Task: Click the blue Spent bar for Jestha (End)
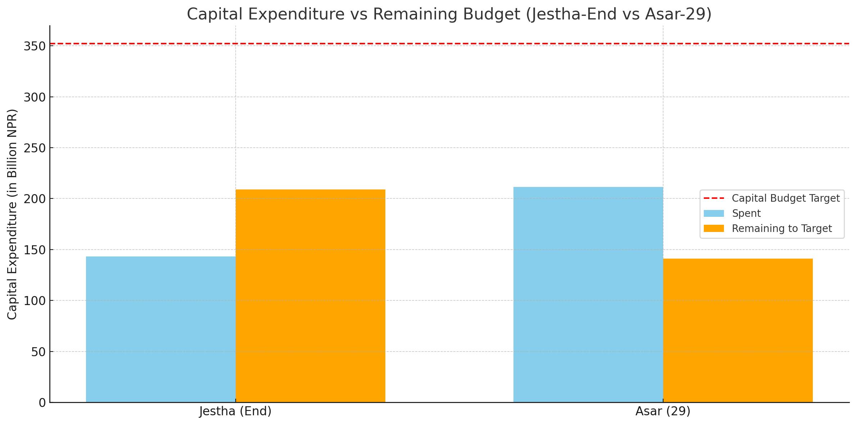tap(160, 329)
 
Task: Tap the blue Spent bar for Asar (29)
tap(588, 294)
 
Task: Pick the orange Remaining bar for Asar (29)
tap(738, 330)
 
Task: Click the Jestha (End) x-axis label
tap(235, 411)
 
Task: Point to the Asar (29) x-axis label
tap(663, 411)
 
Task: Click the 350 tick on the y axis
tap(35, 46)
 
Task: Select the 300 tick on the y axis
tap(35, 97)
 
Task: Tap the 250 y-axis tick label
tap(35, 148)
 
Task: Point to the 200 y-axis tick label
tap(35, 199)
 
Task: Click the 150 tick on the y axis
tap(35, 250)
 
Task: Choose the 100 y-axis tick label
tap(35, 301)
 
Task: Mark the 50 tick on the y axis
tap(38, 352)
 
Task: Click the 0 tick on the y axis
tap(42, 403)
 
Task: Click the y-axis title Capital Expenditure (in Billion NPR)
tap(12, 214)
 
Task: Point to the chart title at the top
tap(449, 14)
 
